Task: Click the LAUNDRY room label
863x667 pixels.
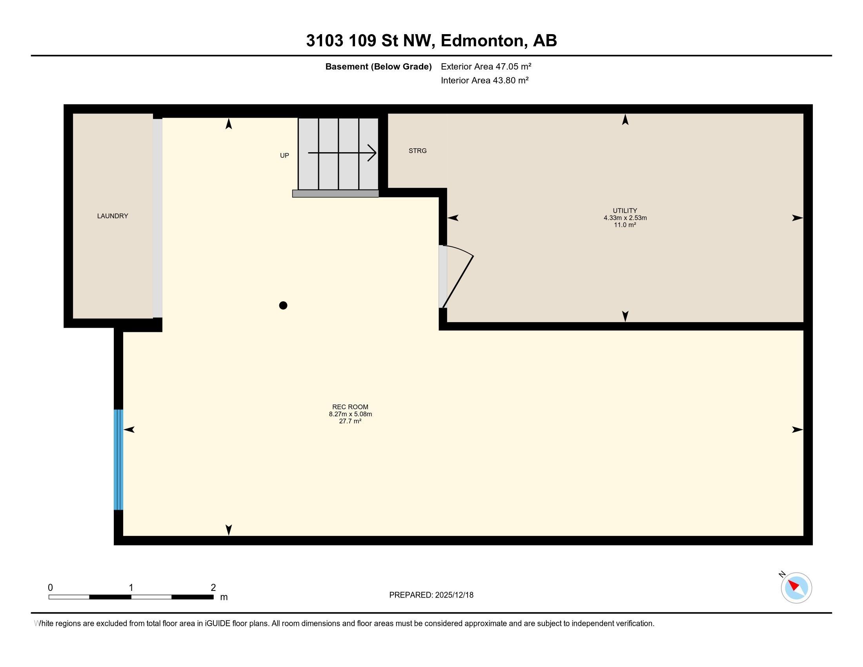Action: pyautogui.click(x=113, y=216)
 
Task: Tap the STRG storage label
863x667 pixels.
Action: pyautogui.click(x=417, y=151)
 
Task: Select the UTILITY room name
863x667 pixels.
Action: pyautogui.click(x=625, y=211)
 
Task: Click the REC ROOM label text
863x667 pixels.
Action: pyautogui.click(x=350, y=407)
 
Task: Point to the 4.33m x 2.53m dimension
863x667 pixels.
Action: pyautogui.click(x=625, y=218)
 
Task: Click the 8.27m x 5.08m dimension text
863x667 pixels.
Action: pyautogui.click(x=350, y=414)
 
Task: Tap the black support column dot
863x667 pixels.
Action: pyautogui.click(x=283, y=305)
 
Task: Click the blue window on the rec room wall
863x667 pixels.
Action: pyautogui.click(x=118, y=459)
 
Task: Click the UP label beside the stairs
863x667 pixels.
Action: pyautogui.click(x=284, y=156)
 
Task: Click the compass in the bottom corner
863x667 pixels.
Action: pyautogui.click(x=796, y=588)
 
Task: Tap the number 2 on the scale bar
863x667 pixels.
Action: pyautogui.click(x=213, y=588)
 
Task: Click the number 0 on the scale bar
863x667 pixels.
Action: pyautogui.click(x=50, y=588)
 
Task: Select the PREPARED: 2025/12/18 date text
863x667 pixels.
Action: pyautogui.click(x=431, y=595)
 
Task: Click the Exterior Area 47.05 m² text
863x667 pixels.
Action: pyautogui.click(x=486, y=66)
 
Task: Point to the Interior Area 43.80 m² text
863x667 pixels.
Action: pyautogui.click(x=484, y=80)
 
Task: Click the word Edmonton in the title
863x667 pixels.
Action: pyautogui.click(x=484, y=41)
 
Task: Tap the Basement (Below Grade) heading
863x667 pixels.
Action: pyautogui.click(x=378, y=66)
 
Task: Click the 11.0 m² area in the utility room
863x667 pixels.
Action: pyautogui.click(x=625, y=225)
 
